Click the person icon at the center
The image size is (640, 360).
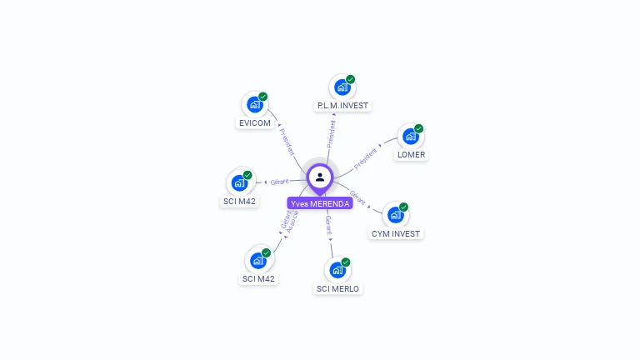(x=320, y=177)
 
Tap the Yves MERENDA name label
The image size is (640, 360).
(x=320, y=203)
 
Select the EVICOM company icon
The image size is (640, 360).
(x=255, y=105)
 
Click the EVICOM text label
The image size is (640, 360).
(x=255, y=123)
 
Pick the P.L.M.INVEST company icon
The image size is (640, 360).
(x=342, y=87)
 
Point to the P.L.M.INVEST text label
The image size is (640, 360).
(x=342, y=106)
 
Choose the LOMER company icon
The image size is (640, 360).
(x=411, y=137)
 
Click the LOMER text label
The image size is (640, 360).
(x=412, y=155)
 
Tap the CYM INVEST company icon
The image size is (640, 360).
(x=396, y=215)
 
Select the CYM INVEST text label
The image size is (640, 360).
(x=396, y=234)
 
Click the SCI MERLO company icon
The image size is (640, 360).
(x=337, y=270)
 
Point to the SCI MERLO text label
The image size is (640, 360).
(x=337, y=289)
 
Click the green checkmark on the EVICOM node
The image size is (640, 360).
(x=263, y=97)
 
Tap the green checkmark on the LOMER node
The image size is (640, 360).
(x=419, y=128)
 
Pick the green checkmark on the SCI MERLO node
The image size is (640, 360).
(x=346, y=262)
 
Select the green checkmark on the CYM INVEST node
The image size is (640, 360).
(x=404, y=207)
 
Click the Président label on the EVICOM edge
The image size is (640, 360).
(x=286, y=142)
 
